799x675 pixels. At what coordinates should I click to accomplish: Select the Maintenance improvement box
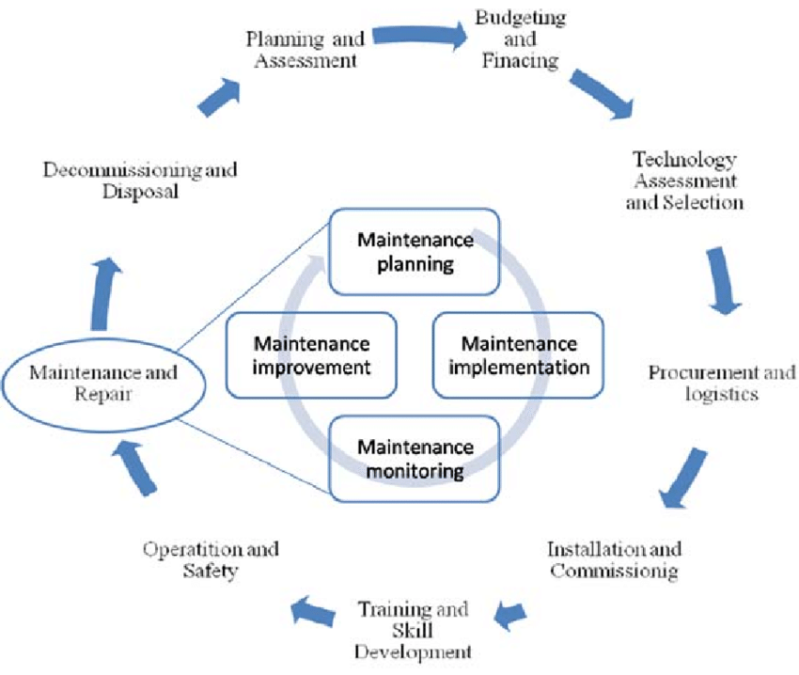(x=311, y=354)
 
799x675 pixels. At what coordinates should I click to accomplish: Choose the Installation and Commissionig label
(x=615, y=558)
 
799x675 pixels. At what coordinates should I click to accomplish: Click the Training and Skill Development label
(x=414, y=629)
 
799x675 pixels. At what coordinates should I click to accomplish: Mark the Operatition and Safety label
(x=211, y=558)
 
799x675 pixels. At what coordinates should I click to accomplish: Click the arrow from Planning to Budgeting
(x=419, y=38)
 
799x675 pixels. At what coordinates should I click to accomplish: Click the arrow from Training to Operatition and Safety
(x=314, y=613)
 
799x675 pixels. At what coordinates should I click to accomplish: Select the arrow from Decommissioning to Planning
(x=220, y=94)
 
